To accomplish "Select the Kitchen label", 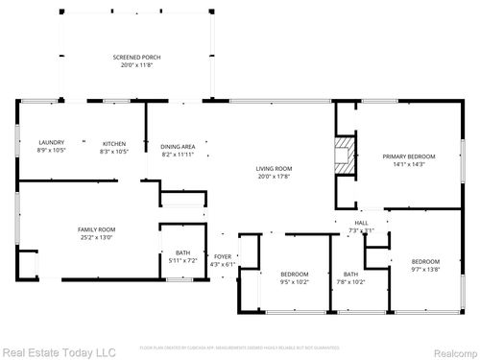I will coord(113,143).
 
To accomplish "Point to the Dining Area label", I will coord(178,146).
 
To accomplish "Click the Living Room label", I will coord(274,168).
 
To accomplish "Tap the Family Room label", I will coord(96,229).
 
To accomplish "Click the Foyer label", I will coord(223,256).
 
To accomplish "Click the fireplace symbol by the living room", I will coord(343,155).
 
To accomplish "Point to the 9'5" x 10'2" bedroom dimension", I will coord(294,282).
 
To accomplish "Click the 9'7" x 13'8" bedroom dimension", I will coord(425,270).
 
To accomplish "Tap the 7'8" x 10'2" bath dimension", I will coord(350,282).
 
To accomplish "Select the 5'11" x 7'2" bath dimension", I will coord(181,260).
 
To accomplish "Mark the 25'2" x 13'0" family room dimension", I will coord(96,237).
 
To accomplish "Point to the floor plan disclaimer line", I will coord(240,348).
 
